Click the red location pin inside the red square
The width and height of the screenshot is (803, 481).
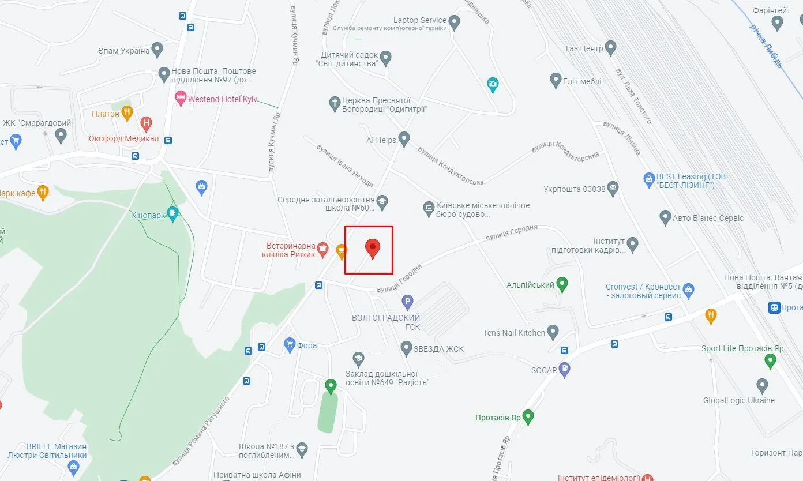pos(373,249)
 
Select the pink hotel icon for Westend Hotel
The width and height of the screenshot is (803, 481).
pos(181,99)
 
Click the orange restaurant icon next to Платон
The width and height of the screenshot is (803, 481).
pos(127,113)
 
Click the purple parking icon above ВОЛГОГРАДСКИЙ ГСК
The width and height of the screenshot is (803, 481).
pos(407,302)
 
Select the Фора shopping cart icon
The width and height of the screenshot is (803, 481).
pos(290,345)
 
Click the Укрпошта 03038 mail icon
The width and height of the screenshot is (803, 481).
pos(613,188)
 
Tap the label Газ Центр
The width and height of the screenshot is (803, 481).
pos(584,48)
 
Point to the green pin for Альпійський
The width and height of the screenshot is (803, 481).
pos(562,284)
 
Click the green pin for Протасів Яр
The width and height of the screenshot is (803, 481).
pos(527,416)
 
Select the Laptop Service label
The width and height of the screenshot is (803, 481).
pos(419,20)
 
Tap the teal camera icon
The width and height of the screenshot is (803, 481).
pos(492,84)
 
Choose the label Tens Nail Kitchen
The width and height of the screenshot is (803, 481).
pos(513,332)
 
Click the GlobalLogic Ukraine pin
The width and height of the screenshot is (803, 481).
pos(762,385)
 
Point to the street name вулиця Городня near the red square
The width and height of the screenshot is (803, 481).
pos(399,278)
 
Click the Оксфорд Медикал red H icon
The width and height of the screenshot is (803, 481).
pos(147,123)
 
